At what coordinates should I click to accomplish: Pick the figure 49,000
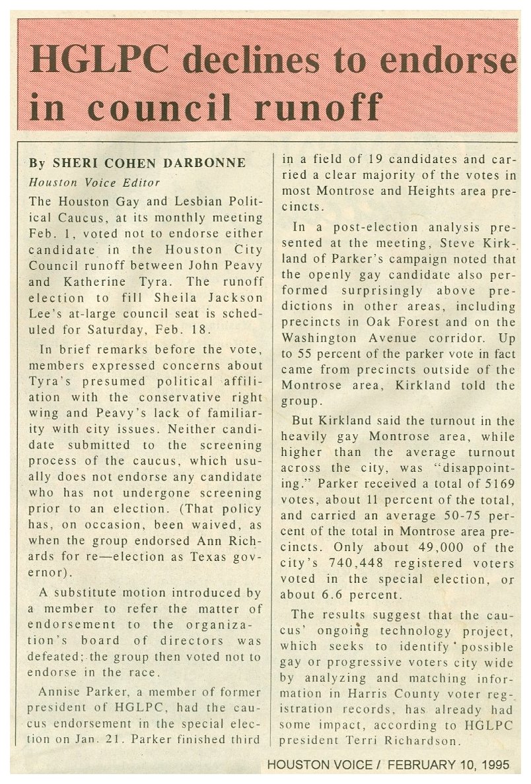click(426, 547)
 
